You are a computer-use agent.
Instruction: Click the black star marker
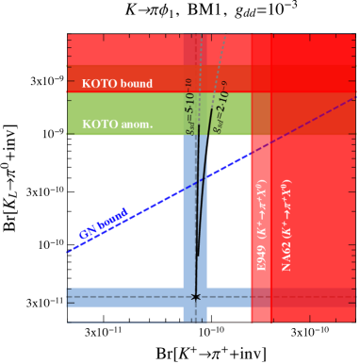click(x=196, y=296)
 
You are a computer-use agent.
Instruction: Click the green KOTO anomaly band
click(x=123, y=113)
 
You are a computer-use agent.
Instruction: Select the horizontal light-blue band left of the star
click(x=123, y=297)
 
